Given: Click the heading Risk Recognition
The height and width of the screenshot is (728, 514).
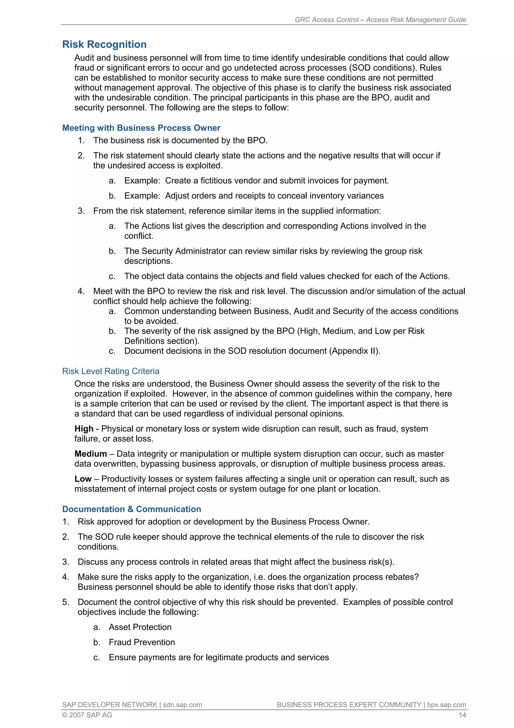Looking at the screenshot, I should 104,44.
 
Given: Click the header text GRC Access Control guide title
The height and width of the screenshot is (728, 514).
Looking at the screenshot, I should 380,20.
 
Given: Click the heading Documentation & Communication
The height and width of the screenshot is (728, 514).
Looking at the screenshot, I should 132,509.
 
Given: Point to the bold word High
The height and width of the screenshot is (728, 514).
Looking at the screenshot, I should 84,429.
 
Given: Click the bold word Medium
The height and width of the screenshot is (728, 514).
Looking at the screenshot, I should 91,454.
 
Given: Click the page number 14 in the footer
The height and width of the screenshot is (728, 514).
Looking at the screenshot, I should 462,715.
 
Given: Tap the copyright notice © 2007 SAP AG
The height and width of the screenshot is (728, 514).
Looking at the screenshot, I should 87,715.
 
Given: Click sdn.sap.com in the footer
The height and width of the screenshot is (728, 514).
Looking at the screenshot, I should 182,705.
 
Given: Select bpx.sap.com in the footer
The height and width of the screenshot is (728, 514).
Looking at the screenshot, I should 446,705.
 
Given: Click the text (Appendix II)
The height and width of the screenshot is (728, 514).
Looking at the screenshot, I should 356,351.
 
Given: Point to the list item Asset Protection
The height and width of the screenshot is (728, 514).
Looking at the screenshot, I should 140,627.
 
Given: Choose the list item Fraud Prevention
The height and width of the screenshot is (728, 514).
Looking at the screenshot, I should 142,642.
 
